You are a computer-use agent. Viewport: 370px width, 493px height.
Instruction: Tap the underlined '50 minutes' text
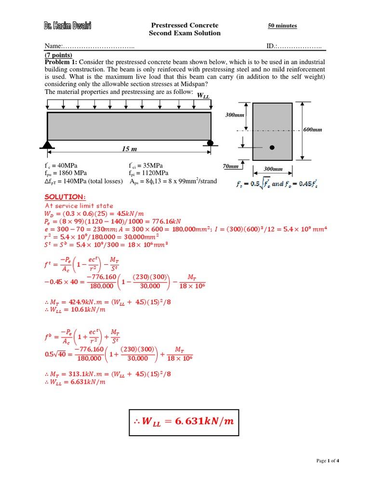[x=282, y=26]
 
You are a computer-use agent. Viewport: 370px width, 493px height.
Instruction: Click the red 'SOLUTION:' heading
[x=65, y=196]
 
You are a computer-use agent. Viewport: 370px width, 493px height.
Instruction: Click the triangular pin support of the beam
[x=47, y=143]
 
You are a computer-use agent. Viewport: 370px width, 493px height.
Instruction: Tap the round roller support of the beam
[x=210, y=143]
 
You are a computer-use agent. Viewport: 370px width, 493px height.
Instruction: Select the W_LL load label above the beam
[x=203, y=96]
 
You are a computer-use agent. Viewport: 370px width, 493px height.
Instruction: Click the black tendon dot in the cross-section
[x=272, y=148]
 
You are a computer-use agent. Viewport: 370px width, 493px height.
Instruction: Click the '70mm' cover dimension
[x=231, y=166]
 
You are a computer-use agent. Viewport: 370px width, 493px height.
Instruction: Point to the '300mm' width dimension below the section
[x=272, y=169]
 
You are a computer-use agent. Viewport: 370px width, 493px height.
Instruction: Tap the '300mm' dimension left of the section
[x=236, y=116]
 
